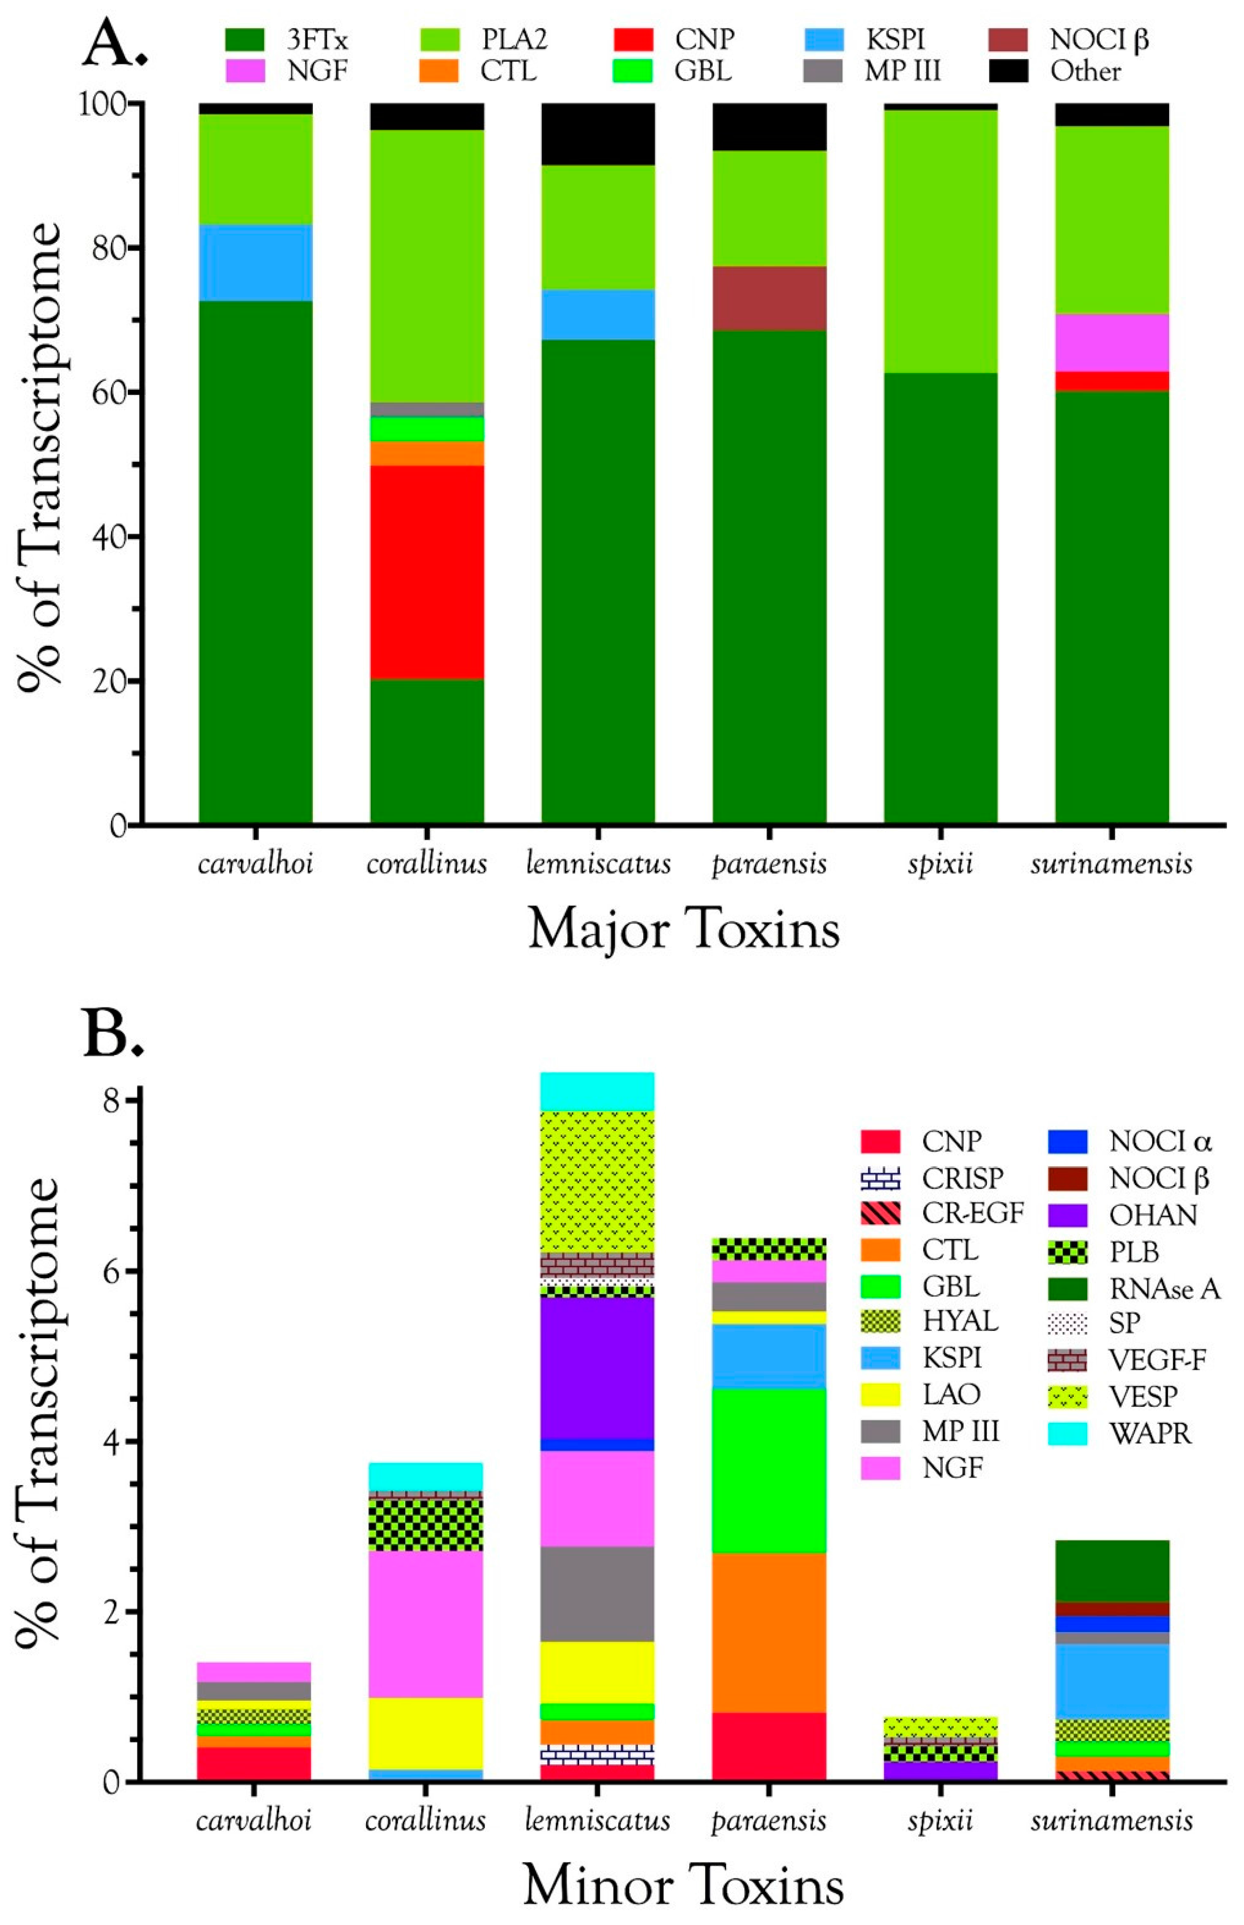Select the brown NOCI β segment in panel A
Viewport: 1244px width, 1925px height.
[769, 298]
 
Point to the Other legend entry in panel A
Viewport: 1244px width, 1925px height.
[1085, 72]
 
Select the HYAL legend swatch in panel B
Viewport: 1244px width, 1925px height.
[880, 1322]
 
